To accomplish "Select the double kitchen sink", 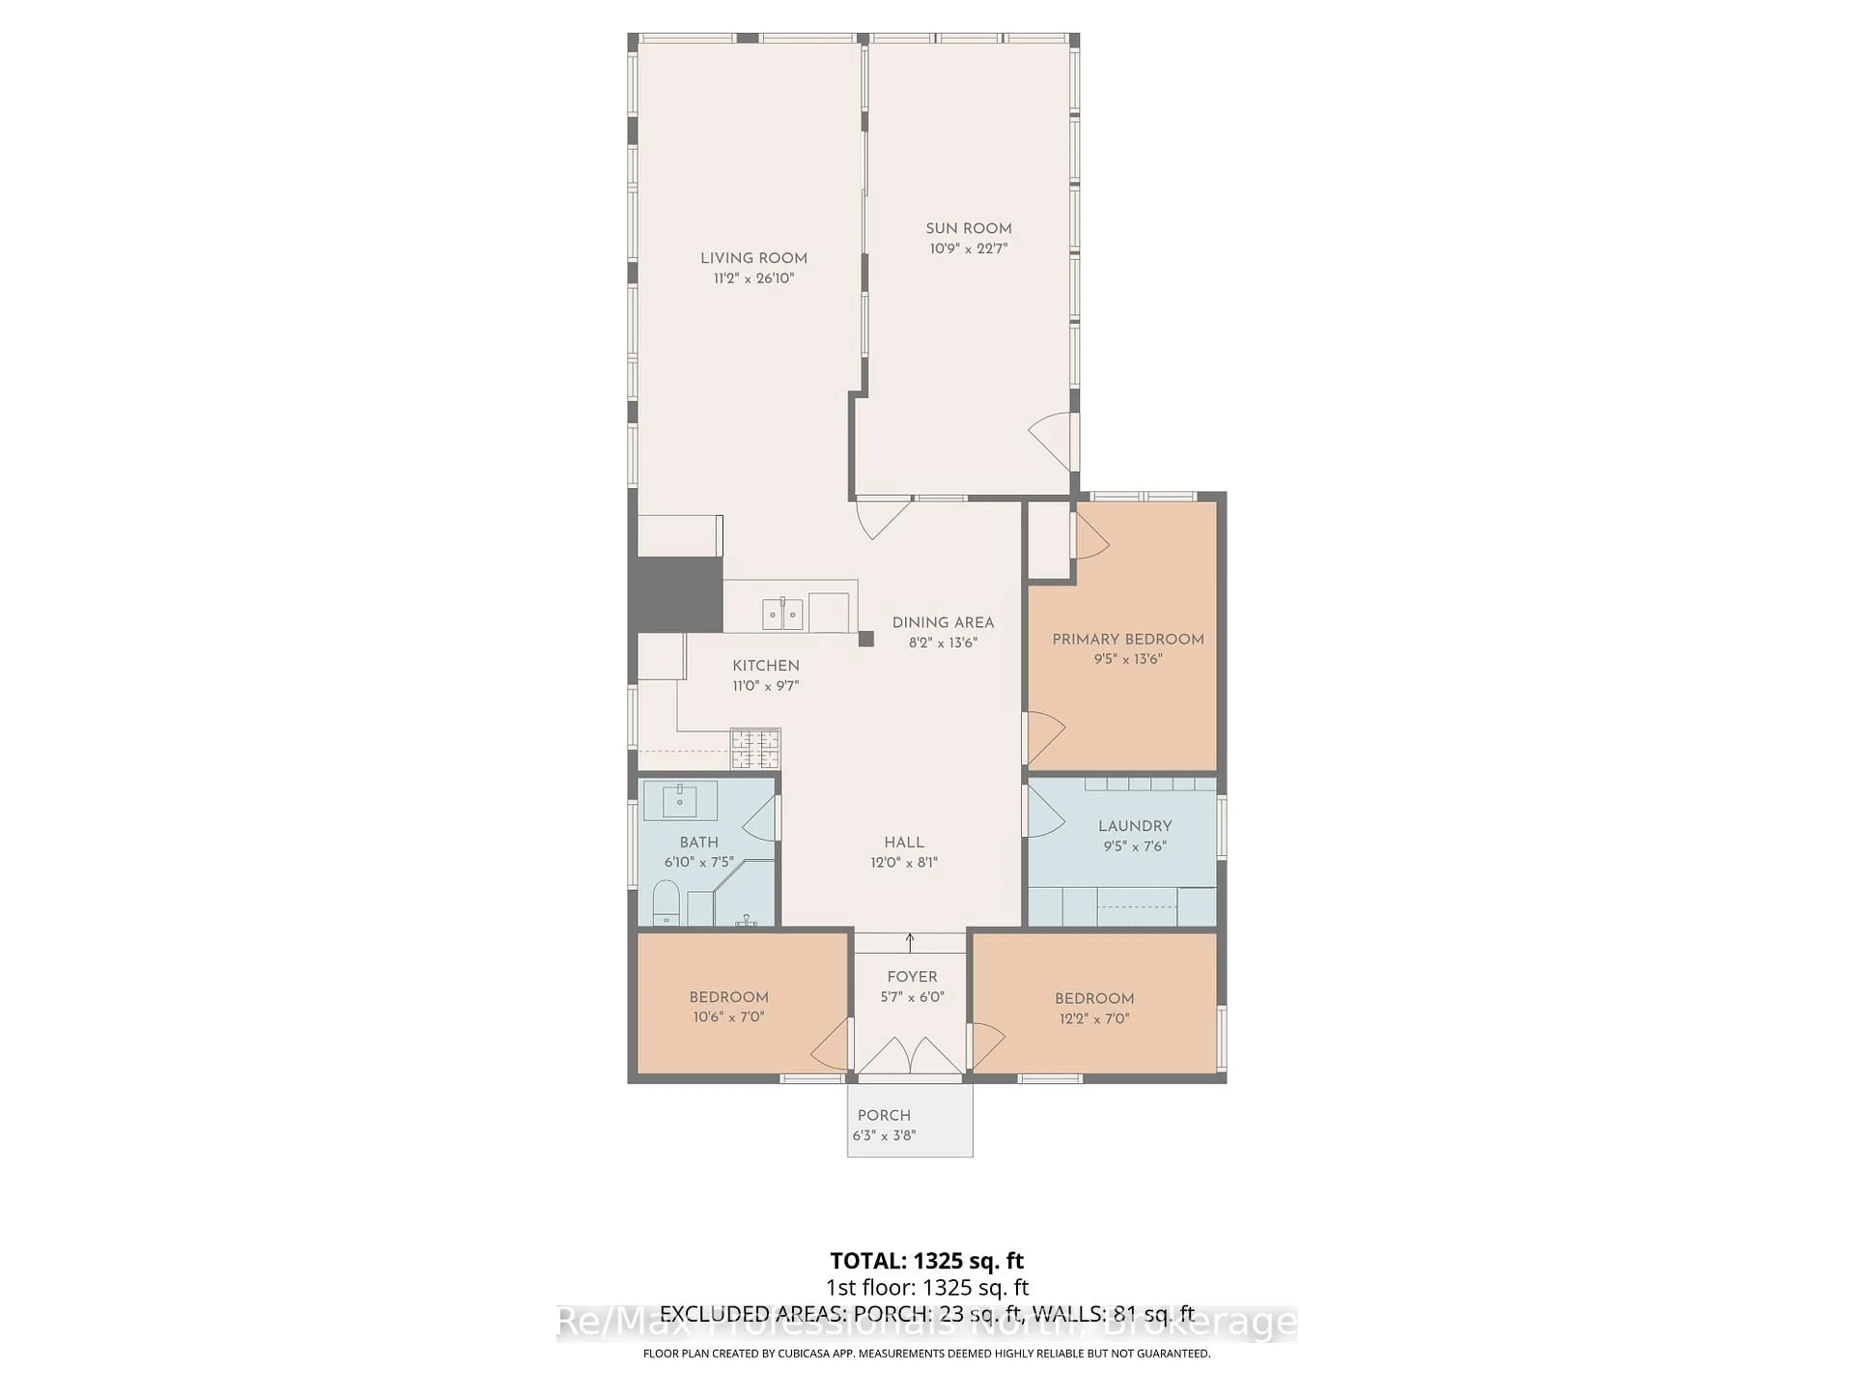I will (782, 614).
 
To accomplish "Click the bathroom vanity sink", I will (680, 801).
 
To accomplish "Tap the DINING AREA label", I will (943, 622).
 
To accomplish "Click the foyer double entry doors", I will (910, 1056).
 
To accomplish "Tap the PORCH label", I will (884, 1115).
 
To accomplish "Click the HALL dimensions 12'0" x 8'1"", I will (903, 862).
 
